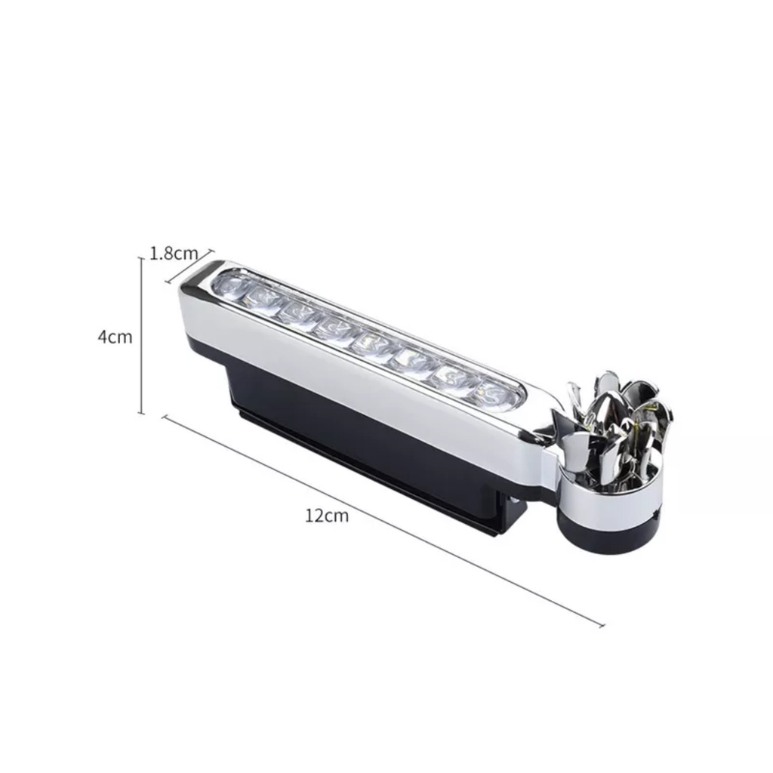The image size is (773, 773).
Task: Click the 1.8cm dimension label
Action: coord(174,253)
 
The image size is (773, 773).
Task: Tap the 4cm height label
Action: coord(115,337)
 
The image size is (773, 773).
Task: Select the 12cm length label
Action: coord(327,515)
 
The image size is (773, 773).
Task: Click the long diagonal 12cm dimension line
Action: coord(383,521)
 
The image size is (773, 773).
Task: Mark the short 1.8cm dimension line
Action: coord(189,266)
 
